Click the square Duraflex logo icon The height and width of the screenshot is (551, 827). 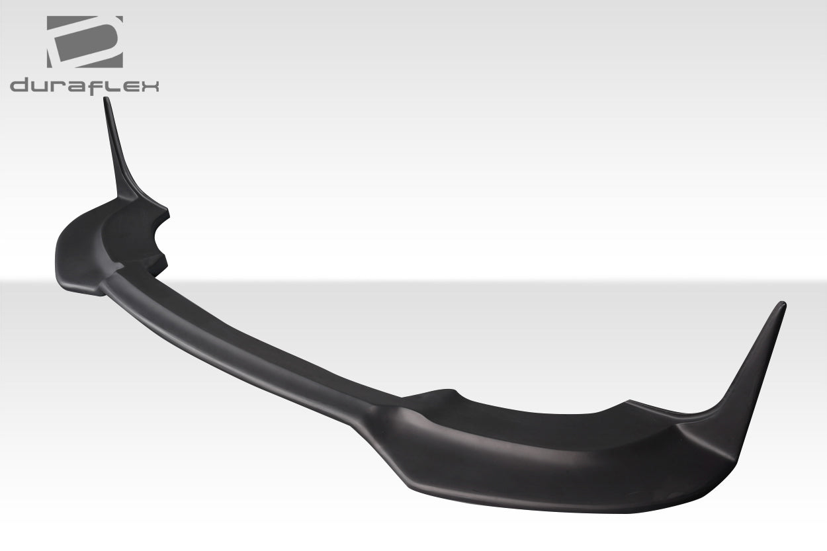click(84, 42)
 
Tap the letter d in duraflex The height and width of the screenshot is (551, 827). click(19, 86)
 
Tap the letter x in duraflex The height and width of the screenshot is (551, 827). click(149, 86)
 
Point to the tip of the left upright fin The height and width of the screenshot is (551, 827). click(105, 100)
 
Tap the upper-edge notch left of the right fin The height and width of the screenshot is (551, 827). click(627, 403)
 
